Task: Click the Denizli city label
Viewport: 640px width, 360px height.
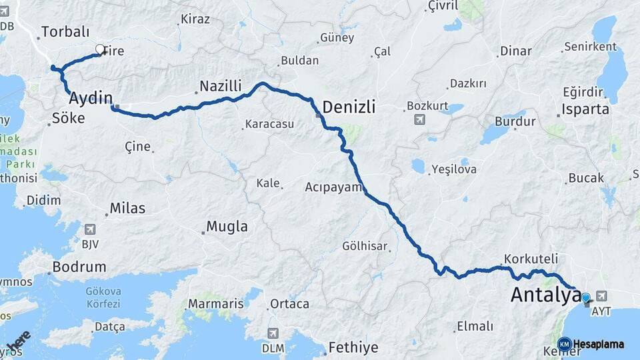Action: (349, 107)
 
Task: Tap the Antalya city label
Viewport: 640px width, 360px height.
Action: (544, 295)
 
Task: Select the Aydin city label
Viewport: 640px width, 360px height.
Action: (90, 99)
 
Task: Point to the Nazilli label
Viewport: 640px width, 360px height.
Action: (221, 87)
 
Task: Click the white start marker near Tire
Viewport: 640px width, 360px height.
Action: (100, 49)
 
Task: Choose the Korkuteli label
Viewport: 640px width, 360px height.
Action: (531, 258)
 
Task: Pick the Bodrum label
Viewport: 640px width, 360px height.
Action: (81, 267)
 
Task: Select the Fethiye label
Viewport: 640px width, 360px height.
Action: (353, 347)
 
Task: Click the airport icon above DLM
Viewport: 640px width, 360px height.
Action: (273, 333)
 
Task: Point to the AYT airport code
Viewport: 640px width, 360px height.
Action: (601, 311)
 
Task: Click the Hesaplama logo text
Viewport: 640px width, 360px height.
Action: (598, 344)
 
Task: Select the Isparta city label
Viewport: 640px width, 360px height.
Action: (585, 109)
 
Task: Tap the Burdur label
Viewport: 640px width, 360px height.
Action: (515, 122)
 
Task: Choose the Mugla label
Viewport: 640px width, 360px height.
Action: (227, 227)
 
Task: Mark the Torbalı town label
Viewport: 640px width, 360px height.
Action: (65, 31)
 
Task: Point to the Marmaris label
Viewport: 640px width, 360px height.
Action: (215, 303)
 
